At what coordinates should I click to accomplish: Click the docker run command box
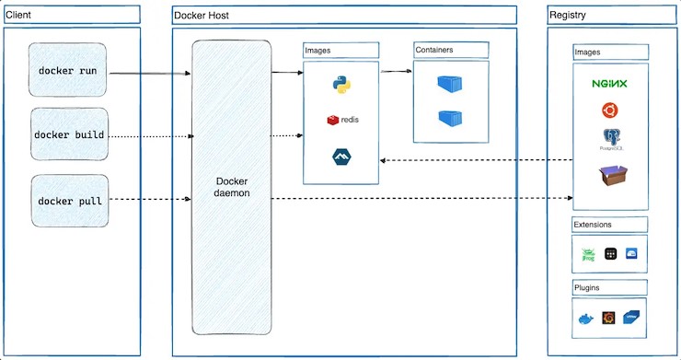68,70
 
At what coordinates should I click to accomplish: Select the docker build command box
69,135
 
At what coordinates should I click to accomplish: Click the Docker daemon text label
231,187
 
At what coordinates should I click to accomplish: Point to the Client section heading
19,15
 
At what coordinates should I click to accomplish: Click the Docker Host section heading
202,16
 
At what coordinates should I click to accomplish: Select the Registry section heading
567,16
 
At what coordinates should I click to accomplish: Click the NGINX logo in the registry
609,84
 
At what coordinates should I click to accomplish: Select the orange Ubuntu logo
609,112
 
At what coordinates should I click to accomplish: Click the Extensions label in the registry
594,224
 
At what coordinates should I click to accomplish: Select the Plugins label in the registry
587,287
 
